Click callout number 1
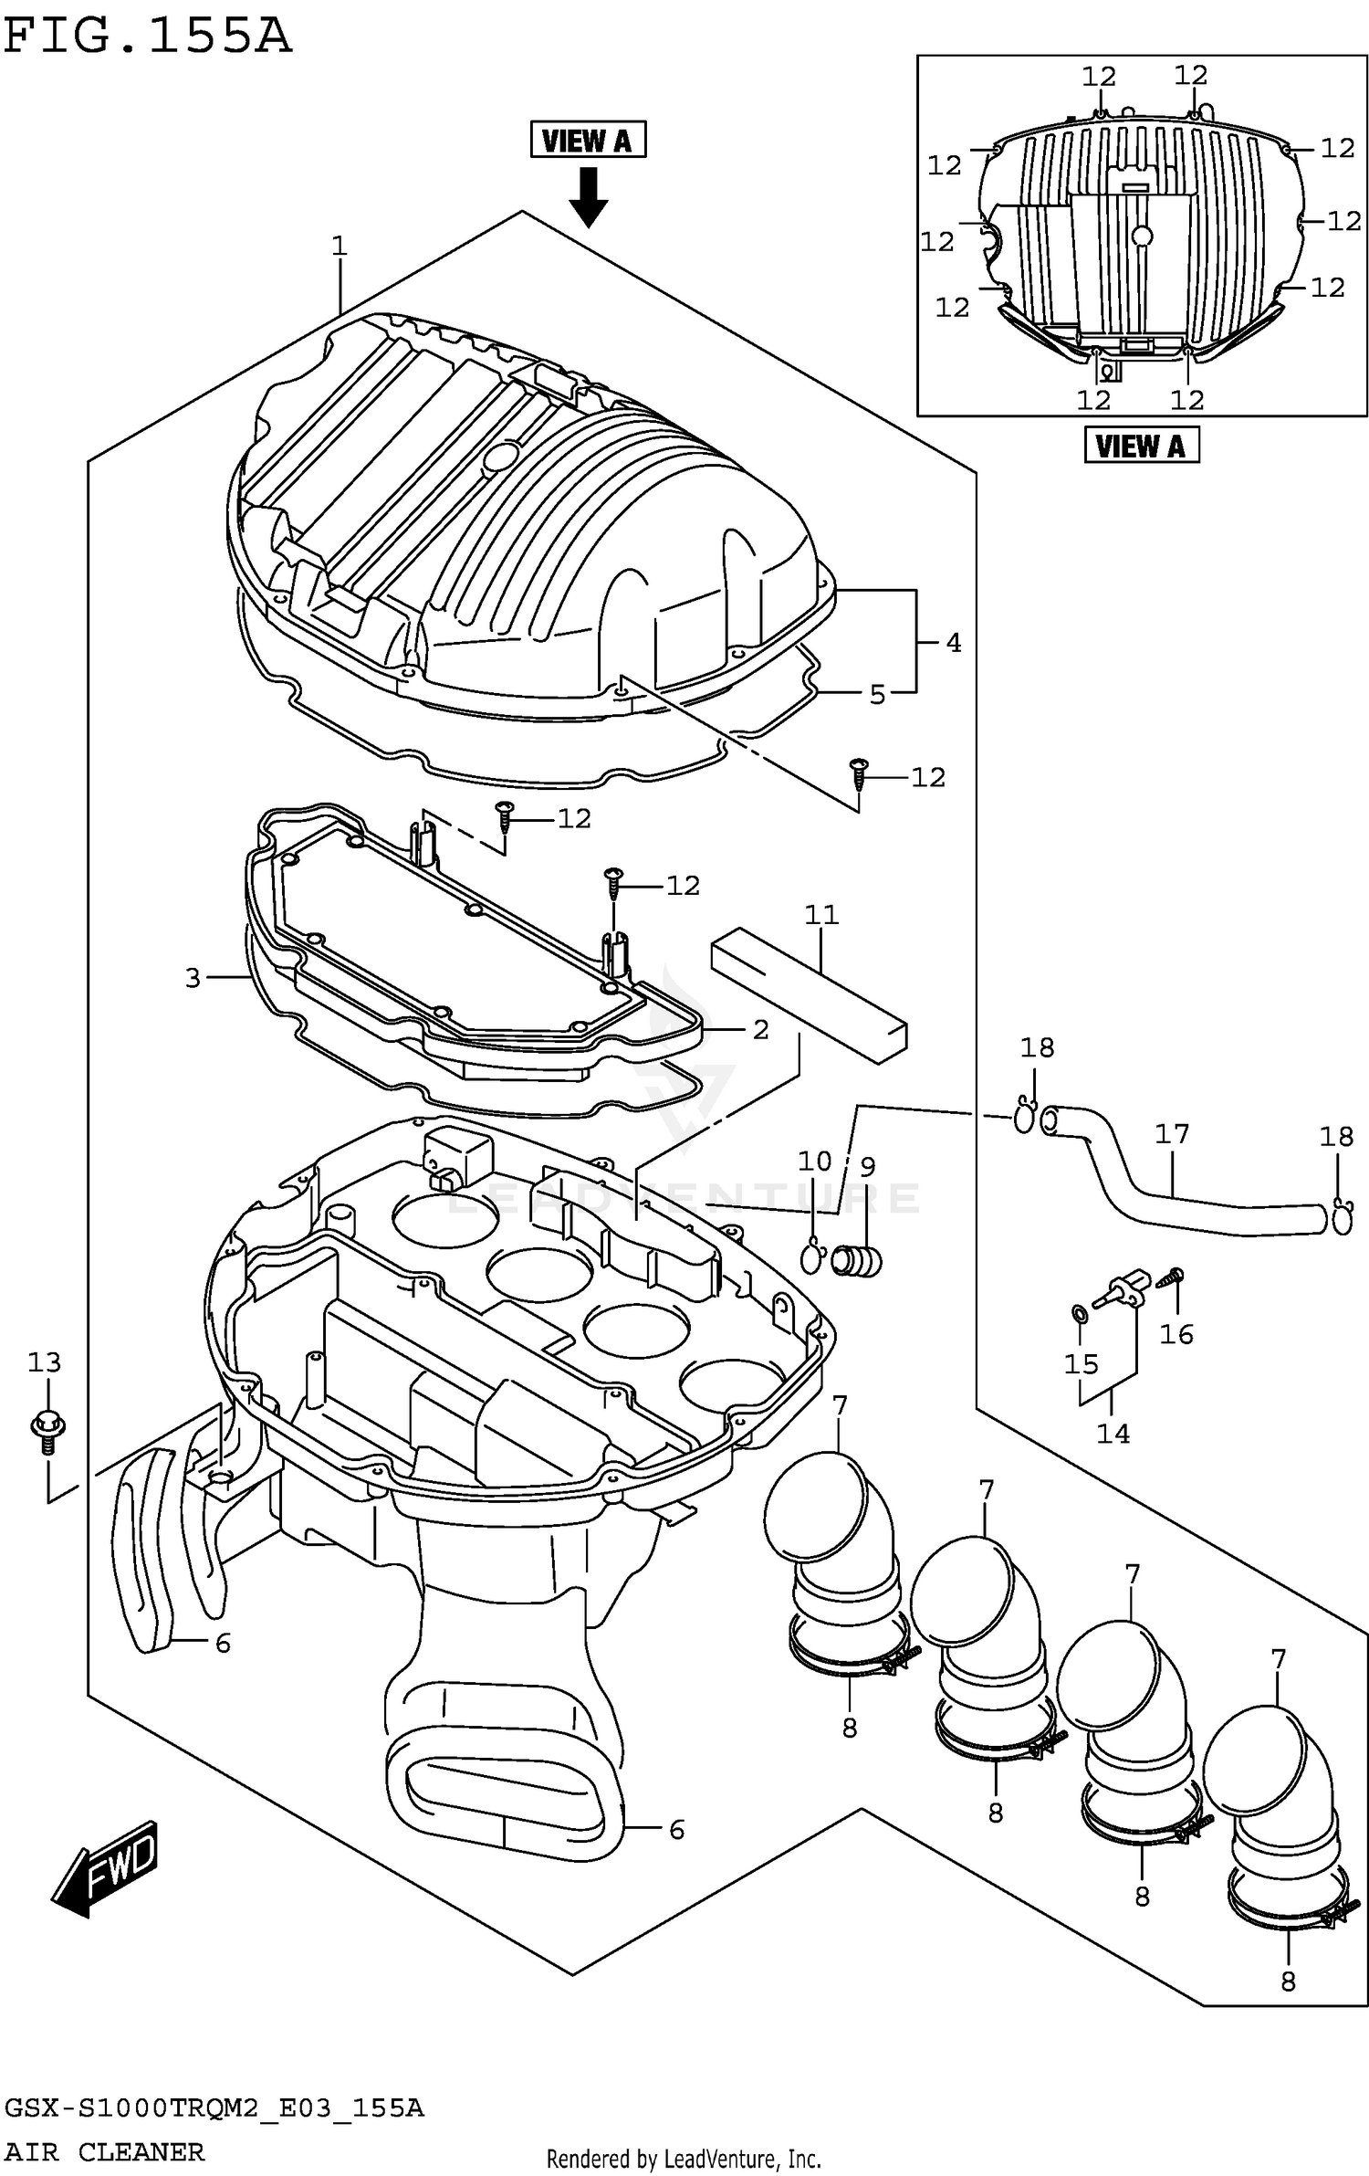[340, 246]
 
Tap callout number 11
[820, 914]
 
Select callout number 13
[44, 1362]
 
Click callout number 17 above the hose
[1172, 1134]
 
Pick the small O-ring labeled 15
[1079, 1314]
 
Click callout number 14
[1113, 1434]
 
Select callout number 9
[868, 1167]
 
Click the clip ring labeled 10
[811, 1258]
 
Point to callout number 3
[193, 978]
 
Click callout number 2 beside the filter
[760, 1029]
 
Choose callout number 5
[877, 695]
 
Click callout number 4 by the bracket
[953, 643]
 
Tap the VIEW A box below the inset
[1141, 447]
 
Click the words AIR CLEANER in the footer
[105, 2152]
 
